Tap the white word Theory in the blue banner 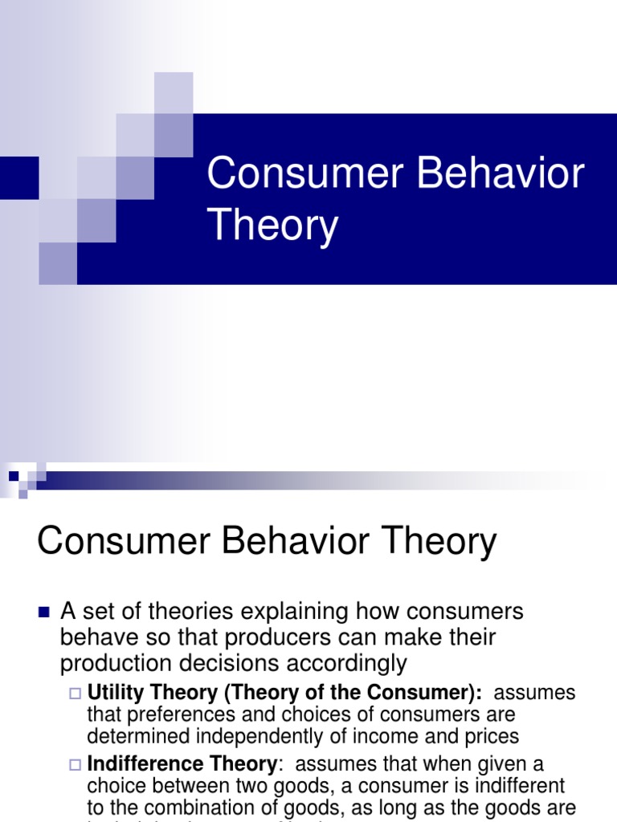(273, 226)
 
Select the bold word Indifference (141, 763)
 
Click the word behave (96, 637)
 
